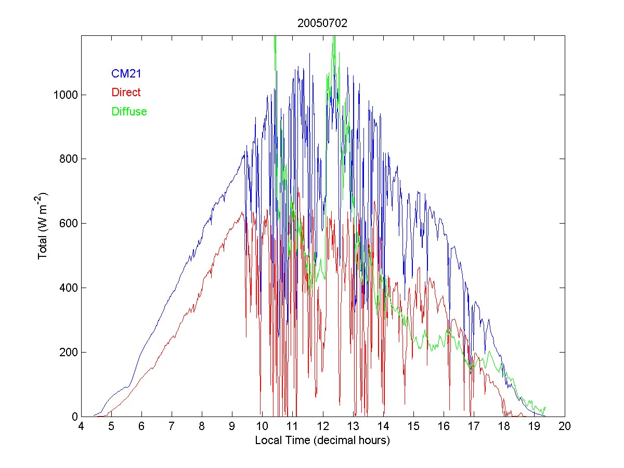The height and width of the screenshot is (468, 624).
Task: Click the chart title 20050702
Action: [322, 23]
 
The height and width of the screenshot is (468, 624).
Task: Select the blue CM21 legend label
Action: [126, 74]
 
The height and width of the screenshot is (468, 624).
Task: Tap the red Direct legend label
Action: [126, 93]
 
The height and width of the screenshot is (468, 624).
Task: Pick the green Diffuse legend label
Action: [129, 111]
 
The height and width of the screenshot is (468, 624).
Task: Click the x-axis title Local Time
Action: [322, 440]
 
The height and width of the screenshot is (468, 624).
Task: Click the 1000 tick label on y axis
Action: [65, 95]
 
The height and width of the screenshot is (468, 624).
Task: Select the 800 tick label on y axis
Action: [68, 159]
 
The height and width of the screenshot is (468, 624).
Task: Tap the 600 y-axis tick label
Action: [68, 224]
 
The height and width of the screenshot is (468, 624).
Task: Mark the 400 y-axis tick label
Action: [68, 288]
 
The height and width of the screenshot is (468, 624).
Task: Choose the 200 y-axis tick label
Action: [68, 353]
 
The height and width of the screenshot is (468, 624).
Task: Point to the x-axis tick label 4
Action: [81, 426]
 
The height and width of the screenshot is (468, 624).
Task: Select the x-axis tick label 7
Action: [172, 426]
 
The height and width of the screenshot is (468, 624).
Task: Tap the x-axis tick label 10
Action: [263, 426]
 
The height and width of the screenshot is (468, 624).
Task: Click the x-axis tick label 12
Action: [323, 426]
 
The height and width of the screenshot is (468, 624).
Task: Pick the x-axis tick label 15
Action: [413, 426]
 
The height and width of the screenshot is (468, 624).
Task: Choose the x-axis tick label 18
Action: [504, 426]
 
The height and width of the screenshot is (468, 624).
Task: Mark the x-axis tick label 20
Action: [565, 426]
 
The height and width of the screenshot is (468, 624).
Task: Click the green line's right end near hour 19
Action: [545, 407]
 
